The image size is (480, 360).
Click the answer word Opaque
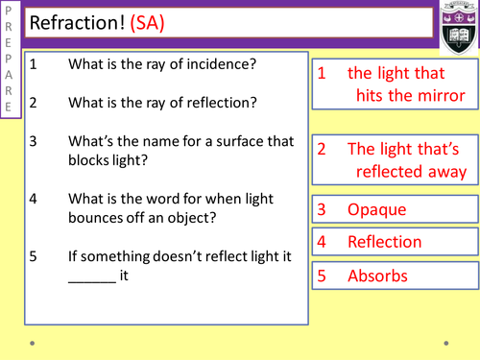click(376, 209)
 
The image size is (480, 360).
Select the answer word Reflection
click(384, 242)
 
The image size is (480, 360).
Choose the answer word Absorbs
click(377, 276)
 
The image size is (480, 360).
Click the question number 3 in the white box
click(34, 141)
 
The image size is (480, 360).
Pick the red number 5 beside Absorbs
click(323, 276)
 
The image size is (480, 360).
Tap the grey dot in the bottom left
click(33, 342)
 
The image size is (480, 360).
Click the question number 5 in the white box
click(34, 256)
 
